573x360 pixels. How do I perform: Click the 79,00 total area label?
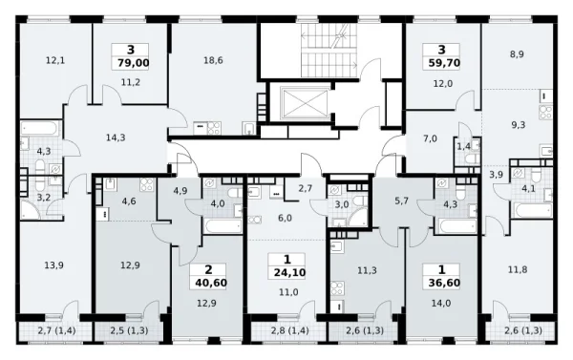(134, 63)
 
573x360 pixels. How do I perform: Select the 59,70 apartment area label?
(444, 63)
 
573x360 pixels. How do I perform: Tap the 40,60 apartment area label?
(211, 283)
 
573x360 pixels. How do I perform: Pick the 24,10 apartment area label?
(289, 272)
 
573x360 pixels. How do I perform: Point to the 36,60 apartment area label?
(444, 283)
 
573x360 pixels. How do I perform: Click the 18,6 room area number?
(213, 60)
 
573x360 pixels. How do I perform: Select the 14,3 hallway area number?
(116, 138)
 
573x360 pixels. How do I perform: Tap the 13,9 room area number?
(54, 265)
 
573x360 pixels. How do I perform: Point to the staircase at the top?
(329, 50)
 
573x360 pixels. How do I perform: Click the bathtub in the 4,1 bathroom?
(533, 210)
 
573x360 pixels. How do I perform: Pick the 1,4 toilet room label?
(464, 146)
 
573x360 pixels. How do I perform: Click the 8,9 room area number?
(517, 54)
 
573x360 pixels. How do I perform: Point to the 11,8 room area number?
(518, 269)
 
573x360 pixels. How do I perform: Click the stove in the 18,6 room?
(214, 128)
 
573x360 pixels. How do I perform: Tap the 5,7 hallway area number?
(401, 201)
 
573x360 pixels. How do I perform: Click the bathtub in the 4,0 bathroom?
(223, 225)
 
